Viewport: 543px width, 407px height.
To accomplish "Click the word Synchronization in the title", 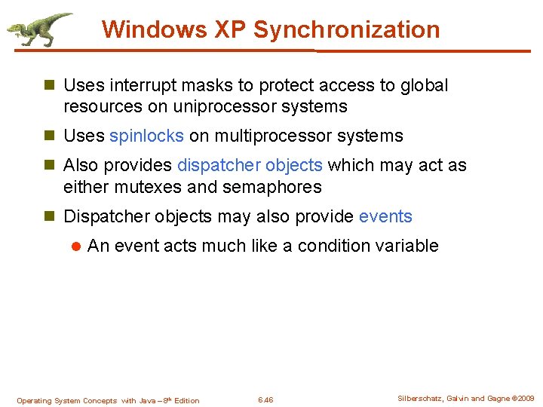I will coord(346,29).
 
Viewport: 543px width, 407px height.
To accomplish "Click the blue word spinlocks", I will coord(146,136).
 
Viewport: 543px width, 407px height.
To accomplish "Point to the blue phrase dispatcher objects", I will coord(250,165).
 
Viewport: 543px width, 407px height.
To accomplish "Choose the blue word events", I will coord(385,217).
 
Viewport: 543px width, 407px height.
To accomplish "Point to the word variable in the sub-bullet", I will coord(407,246).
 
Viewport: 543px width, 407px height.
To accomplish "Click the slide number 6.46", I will coord(265,400).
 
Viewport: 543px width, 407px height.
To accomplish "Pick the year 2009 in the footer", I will coord(525,398).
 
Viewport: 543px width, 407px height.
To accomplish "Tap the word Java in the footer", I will coord(149,400).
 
